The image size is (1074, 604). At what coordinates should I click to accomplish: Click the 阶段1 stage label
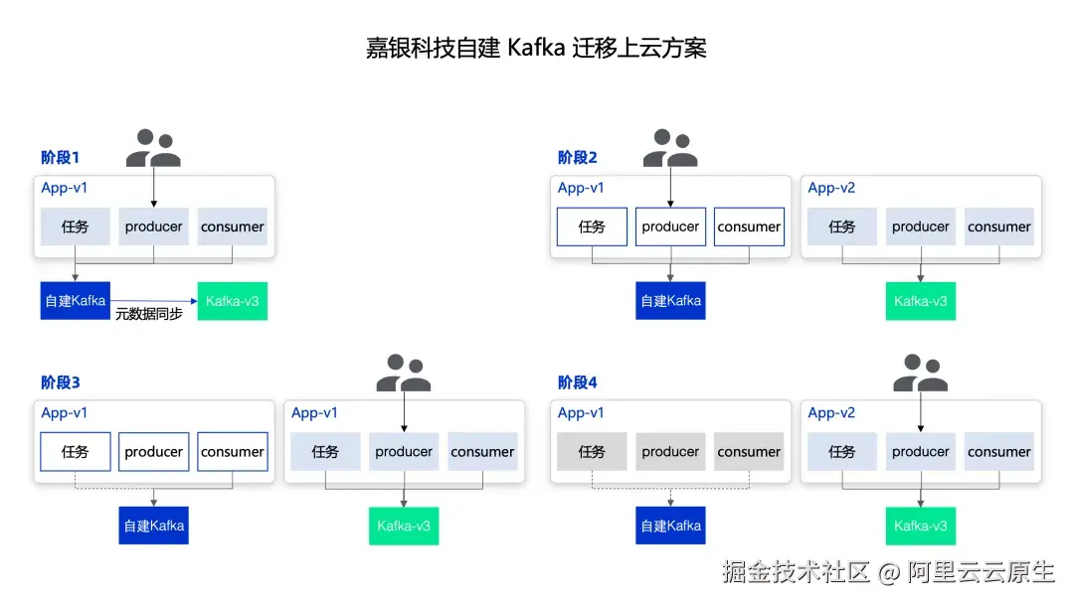tap(61, 157)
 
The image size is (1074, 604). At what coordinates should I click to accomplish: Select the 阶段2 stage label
tap(578, 157)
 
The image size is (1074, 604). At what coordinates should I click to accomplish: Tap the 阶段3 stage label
tap(61, 382)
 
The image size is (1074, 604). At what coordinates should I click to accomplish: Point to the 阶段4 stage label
tap(578, 382)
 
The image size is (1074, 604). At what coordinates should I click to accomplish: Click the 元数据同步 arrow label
tap(148, 314)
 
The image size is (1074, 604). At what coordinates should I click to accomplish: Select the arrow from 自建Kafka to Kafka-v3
tap(153, 300)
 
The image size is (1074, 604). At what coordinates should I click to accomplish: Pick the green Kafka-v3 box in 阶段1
tap(232, 301)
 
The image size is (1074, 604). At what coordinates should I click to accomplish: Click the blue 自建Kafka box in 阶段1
tap(76, 301)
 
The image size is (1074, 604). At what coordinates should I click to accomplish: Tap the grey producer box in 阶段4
tap(670, 451)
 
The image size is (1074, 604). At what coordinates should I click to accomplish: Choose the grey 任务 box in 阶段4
tap(592, 451)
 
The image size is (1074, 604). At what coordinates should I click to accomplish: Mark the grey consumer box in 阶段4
tap(749, 451)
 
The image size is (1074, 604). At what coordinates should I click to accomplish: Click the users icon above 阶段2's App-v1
tap(670, 148)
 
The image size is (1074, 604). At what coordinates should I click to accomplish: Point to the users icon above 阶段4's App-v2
tap(921, 373)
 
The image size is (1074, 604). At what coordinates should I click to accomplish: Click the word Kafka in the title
tap(536, 48)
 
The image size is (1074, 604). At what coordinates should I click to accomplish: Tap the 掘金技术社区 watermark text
tap(796, 572)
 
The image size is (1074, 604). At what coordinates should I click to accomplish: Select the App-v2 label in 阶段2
tap(831, 188)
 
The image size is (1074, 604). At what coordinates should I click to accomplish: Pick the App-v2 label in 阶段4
tap(831, 412)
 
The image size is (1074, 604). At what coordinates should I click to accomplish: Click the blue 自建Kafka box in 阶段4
tap(670, 526)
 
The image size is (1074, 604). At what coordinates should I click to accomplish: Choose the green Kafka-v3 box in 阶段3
tap(404, 527)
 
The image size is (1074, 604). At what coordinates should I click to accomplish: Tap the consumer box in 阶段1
tap(232, 226)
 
